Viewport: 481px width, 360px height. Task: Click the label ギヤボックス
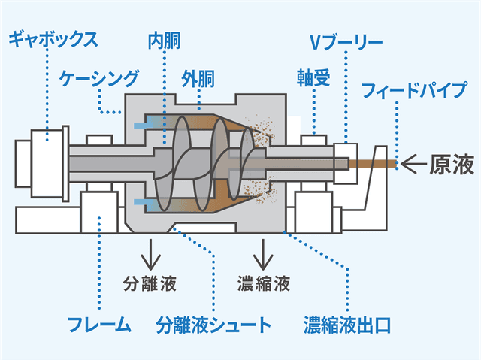click(x=53, y=38)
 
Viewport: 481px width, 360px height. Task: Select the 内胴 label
click(x=163, y=38)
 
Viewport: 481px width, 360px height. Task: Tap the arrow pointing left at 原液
click(x=413, y=163)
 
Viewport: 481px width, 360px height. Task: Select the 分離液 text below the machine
click(x=150, y=283)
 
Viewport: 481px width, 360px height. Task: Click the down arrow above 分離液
click(x=150, y=254)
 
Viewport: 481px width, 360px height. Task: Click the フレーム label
click(x=99, y=325)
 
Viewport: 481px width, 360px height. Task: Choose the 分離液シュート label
click(x=213, y=325)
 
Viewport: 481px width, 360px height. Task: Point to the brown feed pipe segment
click(x=376, y=163)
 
